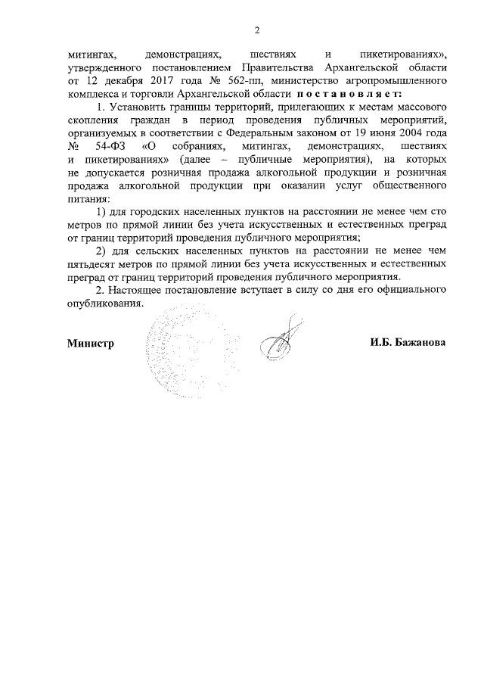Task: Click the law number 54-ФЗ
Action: [x=104, y=146]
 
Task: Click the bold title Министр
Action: [x=90, y=343]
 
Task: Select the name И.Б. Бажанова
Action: [x=408, y=343]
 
